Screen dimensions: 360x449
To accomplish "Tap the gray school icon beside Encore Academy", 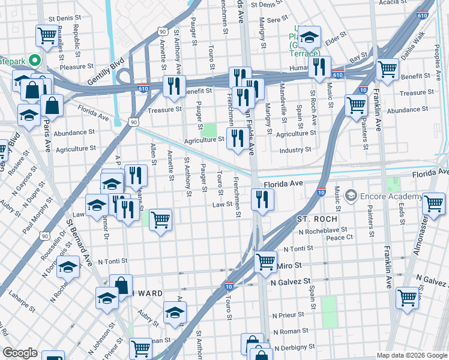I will (351, 196).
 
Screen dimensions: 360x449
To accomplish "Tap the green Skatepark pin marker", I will (35, 60).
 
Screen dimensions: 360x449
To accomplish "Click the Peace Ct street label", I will (339, 238).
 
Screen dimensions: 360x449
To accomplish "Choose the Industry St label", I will (295, 149).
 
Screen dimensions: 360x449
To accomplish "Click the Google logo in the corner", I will (20, 353).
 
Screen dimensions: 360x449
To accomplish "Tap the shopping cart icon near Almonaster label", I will (433, 203).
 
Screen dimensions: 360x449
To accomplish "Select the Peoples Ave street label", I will (439, 66).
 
